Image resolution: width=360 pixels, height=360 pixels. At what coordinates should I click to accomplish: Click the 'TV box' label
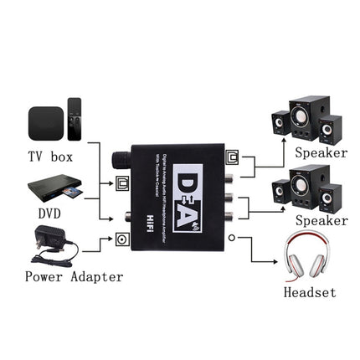point(51,157)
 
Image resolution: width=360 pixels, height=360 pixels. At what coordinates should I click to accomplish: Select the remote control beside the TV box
point(75,119)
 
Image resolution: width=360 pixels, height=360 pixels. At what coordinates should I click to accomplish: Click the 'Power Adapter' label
point(74,276)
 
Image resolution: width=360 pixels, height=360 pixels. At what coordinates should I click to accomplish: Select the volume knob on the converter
point(119,161)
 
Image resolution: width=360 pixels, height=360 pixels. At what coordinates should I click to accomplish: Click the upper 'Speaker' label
point(321,152)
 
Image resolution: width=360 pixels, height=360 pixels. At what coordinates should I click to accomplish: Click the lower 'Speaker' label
point(321,220)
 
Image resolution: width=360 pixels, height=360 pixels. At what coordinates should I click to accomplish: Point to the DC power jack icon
point(122,240)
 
